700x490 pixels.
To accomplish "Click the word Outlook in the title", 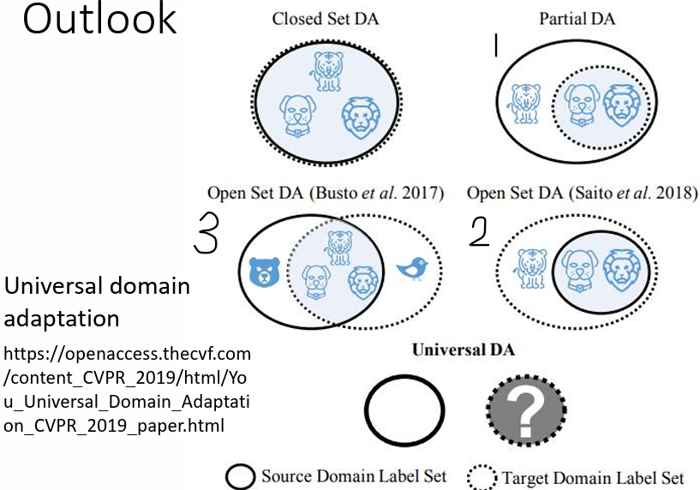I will [x=99, y=20].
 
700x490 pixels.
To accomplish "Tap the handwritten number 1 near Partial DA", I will [x=494, y=46].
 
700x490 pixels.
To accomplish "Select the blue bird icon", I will [x=412, y=269].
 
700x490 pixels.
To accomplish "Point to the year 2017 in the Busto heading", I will [x=425, y=194].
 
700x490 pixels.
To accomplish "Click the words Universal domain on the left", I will [x=97, y=285].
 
